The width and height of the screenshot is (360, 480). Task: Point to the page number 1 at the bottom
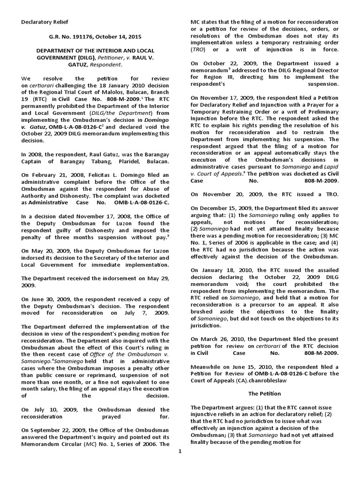pos(179,451)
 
